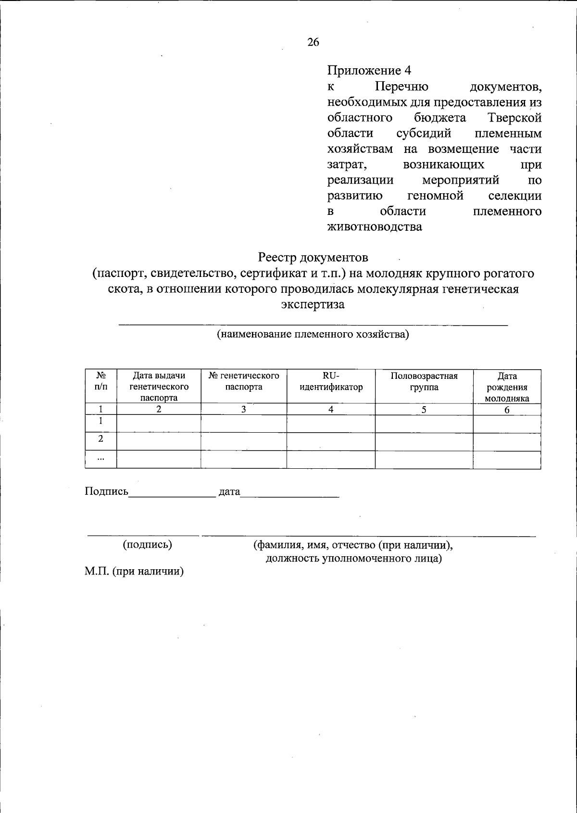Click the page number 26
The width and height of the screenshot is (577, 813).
tap(313, 42)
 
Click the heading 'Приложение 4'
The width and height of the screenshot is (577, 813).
tap(369, 71)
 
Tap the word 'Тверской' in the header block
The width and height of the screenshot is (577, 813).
tap(514, 118)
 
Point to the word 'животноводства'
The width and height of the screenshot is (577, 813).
tap(375, 226)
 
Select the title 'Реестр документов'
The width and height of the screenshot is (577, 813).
tap(313, 258)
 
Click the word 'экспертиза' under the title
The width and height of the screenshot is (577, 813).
tap(313, 304)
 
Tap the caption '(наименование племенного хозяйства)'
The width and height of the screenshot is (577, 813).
tap(313, 334)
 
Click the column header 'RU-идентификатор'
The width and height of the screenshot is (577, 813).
tap(331, 382)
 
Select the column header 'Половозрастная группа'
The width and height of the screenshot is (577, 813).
tap(424, 382)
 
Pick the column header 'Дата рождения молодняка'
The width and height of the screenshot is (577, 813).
tap(507, 387)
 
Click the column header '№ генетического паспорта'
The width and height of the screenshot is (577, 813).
tap(244, 381)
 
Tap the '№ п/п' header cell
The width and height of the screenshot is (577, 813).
tap(101, 381)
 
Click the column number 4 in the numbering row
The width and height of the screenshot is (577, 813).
tap(331, 409)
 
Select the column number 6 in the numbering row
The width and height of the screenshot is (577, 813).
tap(507, 410)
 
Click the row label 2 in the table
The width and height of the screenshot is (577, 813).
tap(100, 438)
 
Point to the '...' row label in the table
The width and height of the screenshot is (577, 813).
tap(100, 458)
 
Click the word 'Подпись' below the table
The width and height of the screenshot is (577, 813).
tap(106, 491)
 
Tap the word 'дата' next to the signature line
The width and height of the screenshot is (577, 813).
tap(229, 492)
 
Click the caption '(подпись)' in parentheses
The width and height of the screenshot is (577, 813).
tap(147, 544)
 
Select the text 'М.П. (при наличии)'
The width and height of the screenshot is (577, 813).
tap(134, 572)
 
